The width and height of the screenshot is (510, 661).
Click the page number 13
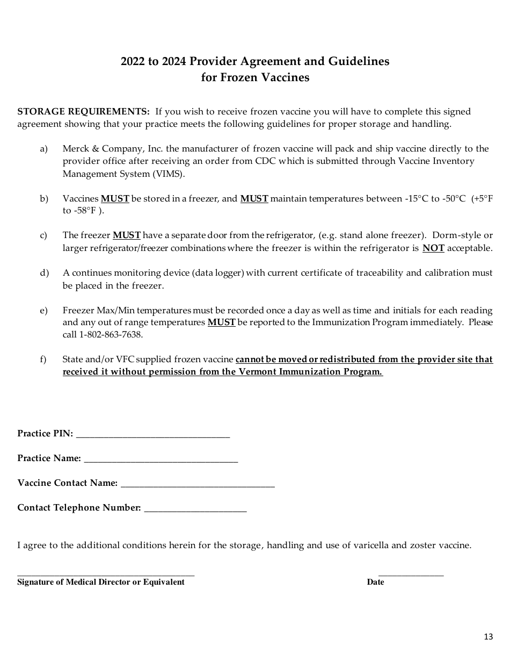coord(488,637)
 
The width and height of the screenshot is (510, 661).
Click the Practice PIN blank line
coord(153,436)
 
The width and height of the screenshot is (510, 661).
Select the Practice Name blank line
coord(161,461)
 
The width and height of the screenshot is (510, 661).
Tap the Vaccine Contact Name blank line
coord(198,485)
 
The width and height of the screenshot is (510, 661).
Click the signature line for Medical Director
coord(106,574)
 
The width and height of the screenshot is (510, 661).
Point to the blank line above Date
coord(411,574)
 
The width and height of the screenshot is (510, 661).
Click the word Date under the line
coord(375,582)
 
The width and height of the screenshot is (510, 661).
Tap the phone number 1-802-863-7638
coord(111,335)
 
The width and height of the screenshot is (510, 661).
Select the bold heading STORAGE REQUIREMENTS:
coord(84,112)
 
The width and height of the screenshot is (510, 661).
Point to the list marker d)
coord(44,273)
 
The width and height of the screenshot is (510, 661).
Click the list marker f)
coord(43,360)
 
